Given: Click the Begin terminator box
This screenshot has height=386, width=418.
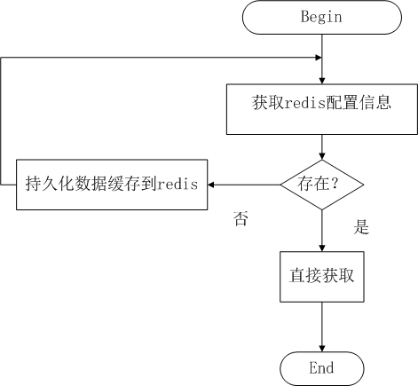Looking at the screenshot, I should pyautogui.click(x=321, y=16).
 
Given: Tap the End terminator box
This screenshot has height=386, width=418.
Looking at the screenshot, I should pyautogui.click(x=321, y=367).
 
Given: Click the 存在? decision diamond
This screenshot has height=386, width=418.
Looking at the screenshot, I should pyautogui.click(x=321, y=185).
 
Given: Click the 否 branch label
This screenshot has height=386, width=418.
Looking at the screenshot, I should pyautogui.click(x=241, y=218).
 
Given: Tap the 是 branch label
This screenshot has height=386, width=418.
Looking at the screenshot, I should pyautogui.click(x=361, y=227).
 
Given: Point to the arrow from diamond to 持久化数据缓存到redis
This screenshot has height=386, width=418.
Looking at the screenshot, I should pyautogui.click(x=244, y=185).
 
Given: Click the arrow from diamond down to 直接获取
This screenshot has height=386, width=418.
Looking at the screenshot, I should pyautogui.click(x=321, y=231).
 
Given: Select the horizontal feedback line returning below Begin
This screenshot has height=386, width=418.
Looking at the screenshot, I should pyautogui.click(x=160, y=59).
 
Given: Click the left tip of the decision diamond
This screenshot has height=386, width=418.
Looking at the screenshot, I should pyautogui.click(x=282, y=185).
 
